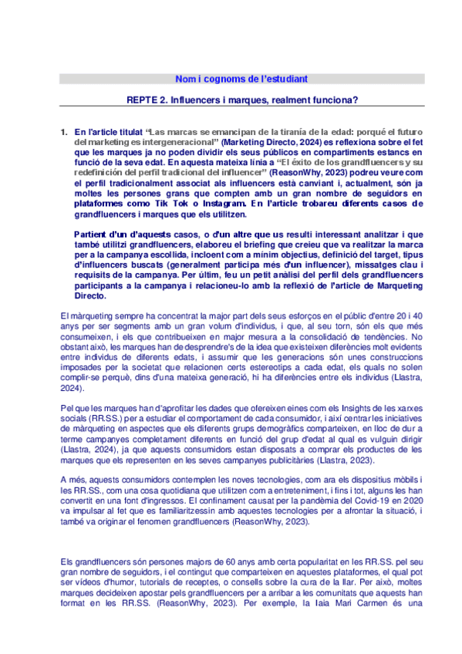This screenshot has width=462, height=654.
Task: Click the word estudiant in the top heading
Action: click(x=285, y=79)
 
